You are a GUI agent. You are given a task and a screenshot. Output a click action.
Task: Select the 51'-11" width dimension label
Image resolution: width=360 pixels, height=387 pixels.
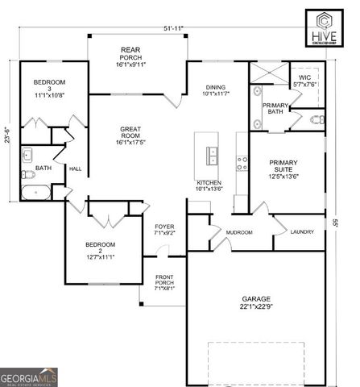pos(172,28)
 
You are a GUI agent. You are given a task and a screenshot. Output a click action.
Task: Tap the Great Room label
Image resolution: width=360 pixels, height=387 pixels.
pos(131,135)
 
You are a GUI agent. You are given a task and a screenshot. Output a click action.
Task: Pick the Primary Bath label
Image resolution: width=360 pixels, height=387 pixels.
pos(275,109)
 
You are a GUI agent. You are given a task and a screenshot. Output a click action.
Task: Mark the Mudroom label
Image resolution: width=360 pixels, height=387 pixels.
pos(239,232)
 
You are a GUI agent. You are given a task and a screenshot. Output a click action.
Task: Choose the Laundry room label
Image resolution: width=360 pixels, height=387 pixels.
pos(302,231)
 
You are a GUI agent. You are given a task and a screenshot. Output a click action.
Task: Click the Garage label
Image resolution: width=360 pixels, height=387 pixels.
pos(255,302)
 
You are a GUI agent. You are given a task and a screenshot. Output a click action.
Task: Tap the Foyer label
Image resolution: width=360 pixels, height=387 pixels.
pos(164,230)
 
